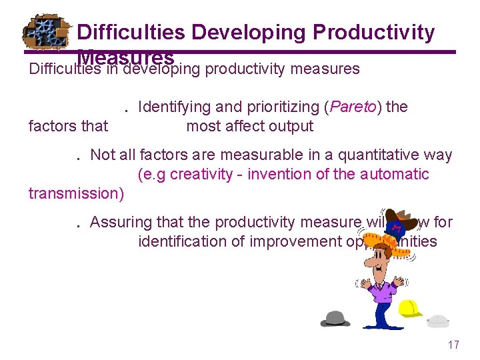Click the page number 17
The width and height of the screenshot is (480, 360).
(x=453, y=345)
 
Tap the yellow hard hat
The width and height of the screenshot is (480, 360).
(x=410, y=309)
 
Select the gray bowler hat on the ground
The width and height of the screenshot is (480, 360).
(x=335, y=318)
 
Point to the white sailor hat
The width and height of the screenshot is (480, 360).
(x=438, y=321)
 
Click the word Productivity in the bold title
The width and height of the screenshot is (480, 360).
(x=373, y=32)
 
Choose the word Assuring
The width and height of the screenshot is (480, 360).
(x=120, y=222)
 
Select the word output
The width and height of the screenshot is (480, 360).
(x=291, y=126)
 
